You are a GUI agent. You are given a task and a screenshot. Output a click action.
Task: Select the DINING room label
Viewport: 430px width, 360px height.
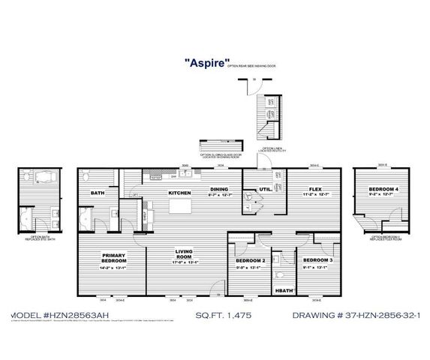click(x=219, y=189)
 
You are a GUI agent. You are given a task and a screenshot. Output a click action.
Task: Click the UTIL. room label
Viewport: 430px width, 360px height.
click(x=265, y=189)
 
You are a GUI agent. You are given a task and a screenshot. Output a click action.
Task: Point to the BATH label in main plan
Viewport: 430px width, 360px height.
click(x=98, y=193)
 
